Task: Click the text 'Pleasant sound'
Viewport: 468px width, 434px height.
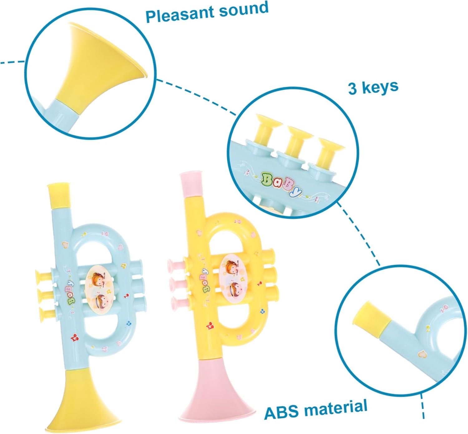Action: click(207, 12)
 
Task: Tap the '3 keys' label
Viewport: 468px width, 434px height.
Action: click(373, 87)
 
